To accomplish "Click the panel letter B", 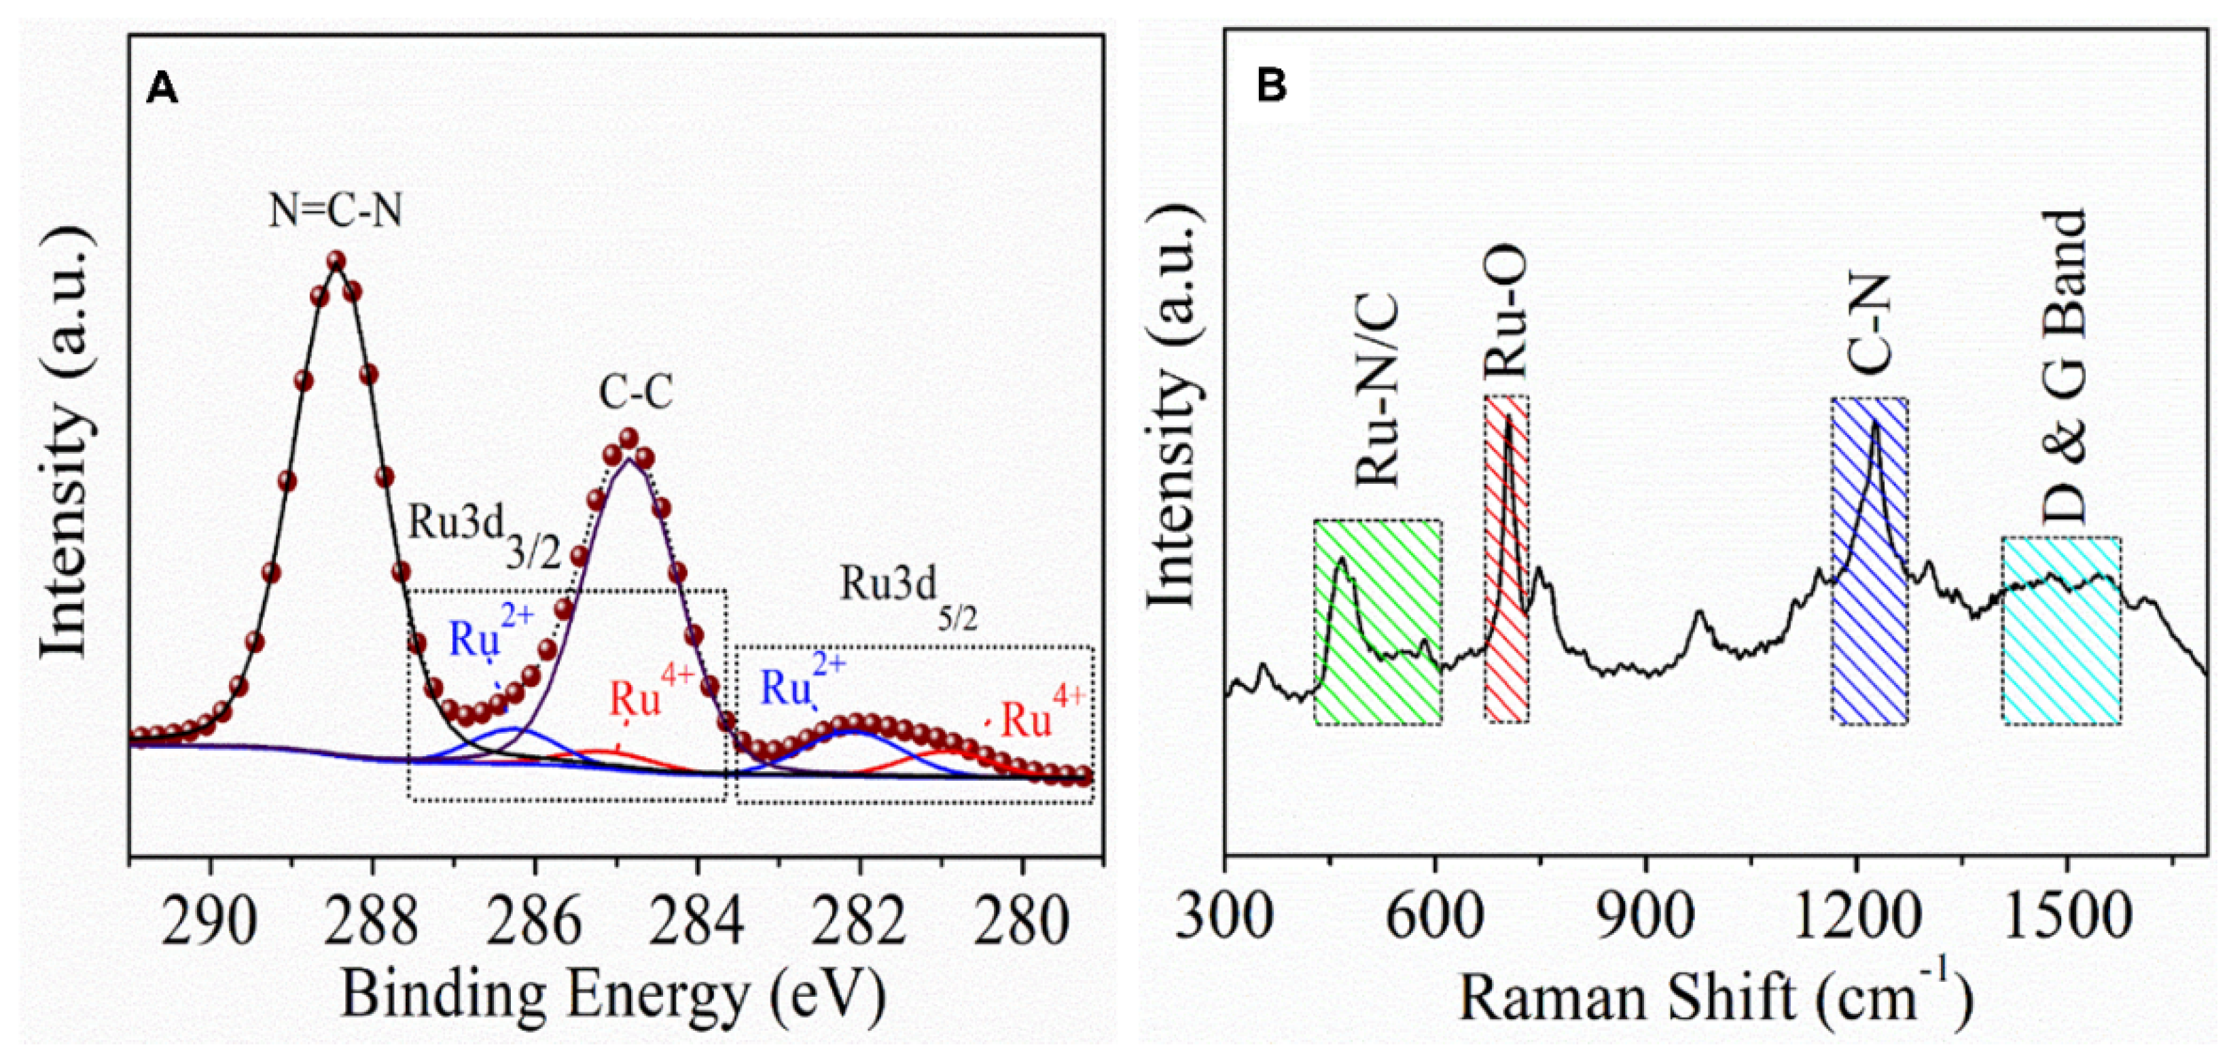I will click(x=1271, y=86).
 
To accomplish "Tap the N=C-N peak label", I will click(x=336, y=210).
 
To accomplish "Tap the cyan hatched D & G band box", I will click(x=2061, y=632).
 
